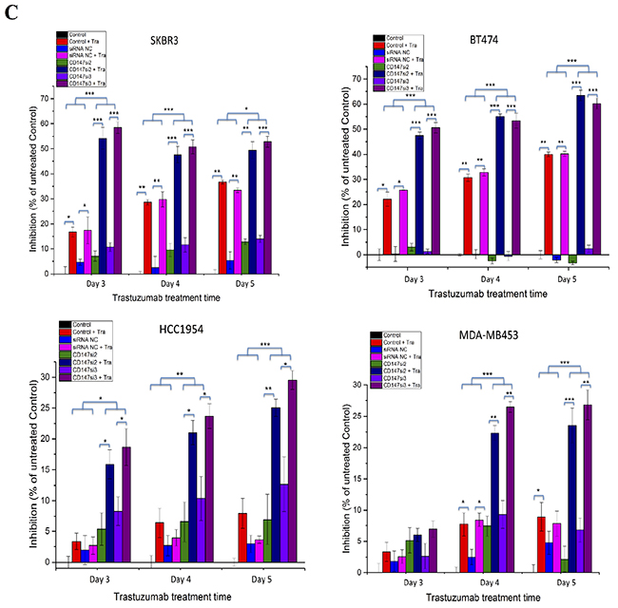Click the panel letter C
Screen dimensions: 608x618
click(11, 12)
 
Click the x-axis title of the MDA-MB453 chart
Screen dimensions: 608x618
click(488, 598)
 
